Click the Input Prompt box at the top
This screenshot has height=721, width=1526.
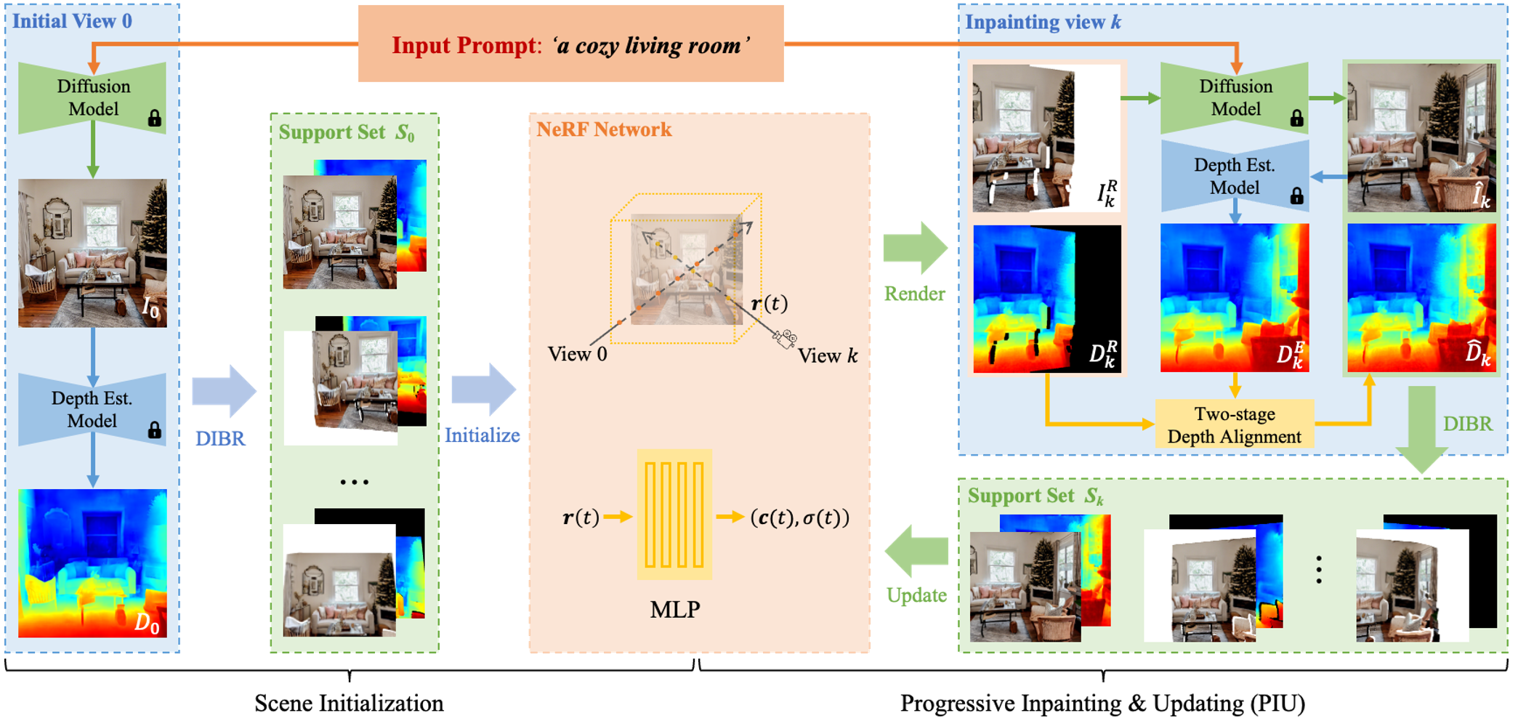(570, 44)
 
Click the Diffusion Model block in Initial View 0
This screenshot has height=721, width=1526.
(93, 97)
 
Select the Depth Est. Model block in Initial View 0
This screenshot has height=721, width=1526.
(92, 409)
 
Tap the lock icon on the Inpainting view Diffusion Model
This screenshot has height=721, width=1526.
(1296, 118)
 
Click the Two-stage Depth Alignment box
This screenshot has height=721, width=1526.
(1234, 425)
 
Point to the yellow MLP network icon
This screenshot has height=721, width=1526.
(674, 515)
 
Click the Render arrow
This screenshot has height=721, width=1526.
(915, 248)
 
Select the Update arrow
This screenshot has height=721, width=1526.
(916, 552)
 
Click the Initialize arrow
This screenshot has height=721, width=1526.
(483, 390)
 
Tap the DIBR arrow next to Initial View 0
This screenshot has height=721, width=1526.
(224, 391)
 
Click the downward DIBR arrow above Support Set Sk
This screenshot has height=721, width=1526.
(1422, 429)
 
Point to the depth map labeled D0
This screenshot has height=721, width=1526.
(92, 563)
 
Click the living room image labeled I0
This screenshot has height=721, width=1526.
(92, 253)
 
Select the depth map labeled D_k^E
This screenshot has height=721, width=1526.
(1234, 298)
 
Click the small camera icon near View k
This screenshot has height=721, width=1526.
(785, 339)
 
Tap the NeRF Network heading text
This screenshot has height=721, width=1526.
(604, 129)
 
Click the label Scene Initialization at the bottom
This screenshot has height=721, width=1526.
(349, 703)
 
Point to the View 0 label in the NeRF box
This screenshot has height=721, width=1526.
(577, 354)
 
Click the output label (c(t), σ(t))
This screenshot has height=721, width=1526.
(799, 517)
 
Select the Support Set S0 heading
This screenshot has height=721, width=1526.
(347, 132)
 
